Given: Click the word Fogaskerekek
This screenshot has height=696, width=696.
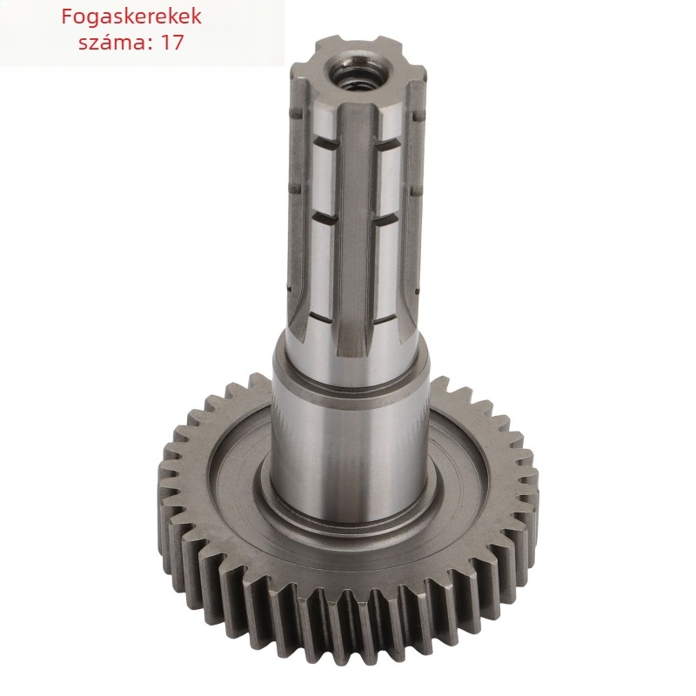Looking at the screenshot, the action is click(131, 17).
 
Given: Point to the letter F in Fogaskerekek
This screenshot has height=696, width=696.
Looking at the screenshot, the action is click(67, 16).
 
